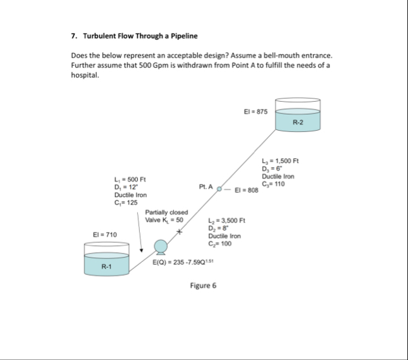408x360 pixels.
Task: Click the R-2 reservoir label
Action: coord(297,122)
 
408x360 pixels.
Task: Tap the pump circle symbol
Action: coord(161,246)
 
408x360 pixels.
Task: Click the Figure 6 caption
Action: coord(203,286)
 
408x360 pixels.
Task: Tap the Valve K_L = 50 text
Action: coord(166,220)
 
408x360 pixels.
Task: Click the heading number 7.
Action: coord(73,35)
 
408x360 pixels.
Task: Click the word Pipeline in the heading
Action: coord(182,35)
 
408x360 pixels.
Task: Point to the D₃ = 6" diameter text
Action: coord(272,169)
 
